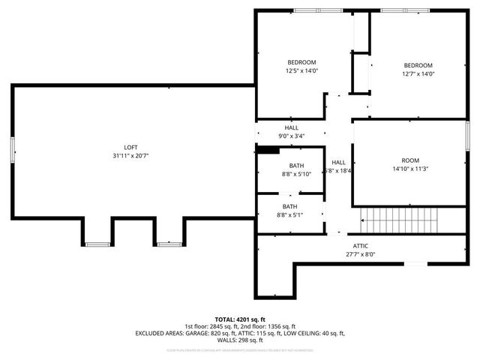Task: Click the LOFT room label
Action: (130, 147)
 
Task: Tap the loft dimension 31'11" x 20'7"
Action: (130, 156)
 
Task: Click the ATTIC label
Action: (361, 246)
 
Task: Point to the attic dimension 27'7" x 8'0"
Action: (361, 254)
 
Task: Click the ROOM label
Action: (409, 160)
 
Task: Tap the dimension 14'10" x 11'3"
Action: (409, 169)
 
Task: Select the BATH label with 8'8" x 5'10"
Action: (297, 166)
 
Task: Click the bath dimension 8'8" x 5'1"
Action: (290, 215)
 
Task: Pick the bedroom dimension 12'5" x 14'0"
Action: (301, 71)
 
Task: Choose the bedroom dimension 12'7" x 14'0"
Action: (418, 73)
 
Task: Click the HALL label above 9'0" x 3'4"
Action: (291, 127)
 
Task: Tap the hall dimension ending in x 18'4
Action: (339, 171)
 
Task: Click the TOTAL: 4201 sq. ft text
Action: (241, 318)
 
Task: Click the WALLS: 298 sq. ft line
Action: (241, 340)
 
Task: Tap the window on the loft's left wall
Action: (12, 150)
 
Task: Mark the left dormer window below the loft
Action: (97, 244)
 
